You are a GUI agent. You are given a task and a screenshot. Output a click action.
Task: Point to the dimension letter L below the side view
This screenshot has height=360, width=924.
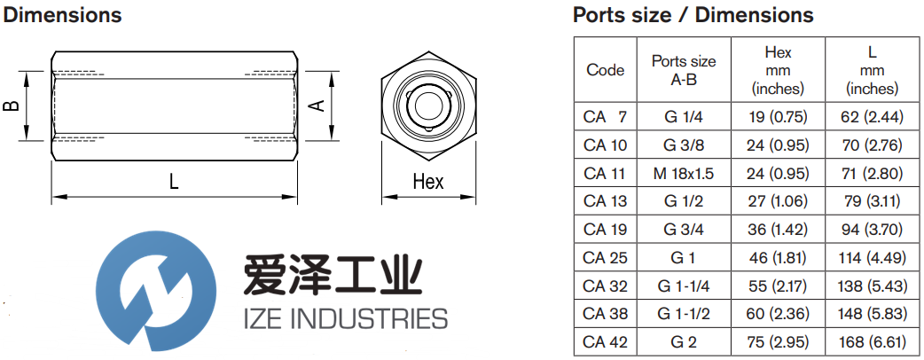coord(174,182)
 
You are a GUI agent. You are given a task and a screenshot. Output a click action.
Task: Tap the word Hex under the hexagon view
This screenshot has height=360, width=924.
coord(427,182)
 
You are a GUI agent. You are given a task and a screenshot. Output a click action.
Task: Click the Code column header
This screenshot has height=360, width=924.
coord(606,70)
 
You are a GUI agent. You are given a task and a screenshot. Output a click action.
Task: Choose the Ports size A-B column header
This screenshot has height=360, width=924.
coord(683,70)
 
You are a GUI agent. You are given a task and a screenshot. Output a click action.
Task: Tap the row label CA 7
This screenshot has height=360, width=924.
coord(606,116)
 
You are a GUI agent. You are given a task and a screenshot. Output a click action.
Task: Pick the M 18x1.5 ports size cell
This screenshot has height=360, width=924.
coord(683,172)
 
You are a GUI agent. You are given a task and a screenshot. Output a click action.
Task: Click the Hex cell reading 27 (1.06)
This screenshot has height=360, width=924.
coord(778,200)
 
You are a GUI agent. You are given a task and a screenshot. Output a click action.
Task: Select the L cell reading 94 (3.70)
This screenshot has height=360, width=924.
coord(872,229)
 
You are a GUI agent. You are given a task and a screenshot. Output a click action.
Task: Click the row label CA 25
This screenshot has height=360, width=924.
coord(606,257)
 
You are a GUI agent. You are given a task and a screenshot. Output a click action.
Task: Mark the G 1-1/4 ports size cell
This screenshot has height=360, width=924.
coord(683,286)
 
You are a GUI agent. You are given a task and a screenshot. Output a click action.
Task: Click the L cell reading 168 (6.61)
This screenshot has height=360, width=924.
coord(872,341)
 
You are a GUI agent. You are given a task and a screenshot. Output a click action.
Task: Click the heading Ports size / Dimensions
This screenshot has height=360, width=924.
coord(693,15)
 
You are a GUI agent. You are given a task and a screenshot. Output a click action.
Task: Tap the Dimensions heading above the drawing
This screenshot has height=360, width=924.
coord(63,15)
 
